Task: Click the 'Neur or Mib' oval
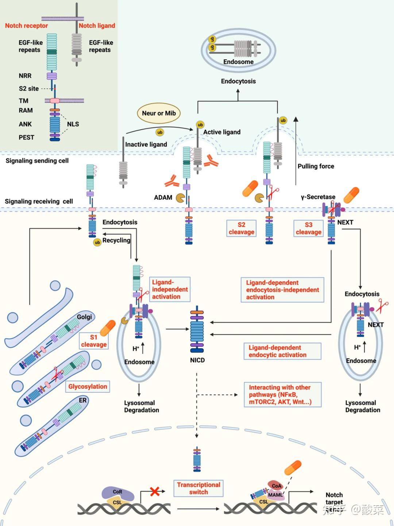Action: (159, 114)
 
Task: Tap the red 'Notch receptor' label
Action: (26, 26)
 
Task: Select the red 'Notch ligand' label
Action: (97, 26)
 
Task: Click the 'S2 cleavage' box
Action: (241, 229)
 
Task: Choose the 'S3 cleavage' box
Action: (308, 229)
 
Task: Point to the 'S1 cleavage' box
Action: (94, 341)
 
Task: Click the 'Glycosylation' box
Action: (88, 387)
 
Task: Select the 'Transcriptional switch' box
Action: (198, 488)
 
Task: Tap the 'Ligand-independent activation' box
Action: (170, 289)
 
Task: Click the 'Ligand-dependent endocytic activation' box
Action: (282, 351)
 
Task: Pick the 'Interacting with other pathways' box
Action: (283, 395)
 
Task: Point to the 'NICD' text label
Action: (197, 360)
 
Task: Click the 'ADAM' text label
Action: (163, 197)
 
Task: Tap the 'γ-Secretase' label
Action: (318, 197)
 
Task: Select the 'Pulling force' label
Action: (316, 166)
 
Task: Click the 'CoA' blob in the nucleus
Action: (277, 485)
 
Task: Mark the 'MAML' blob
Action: (275, 495)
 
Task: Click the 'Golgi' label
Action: (84, 317)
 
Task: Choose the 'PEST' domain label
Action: (26, 138)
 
